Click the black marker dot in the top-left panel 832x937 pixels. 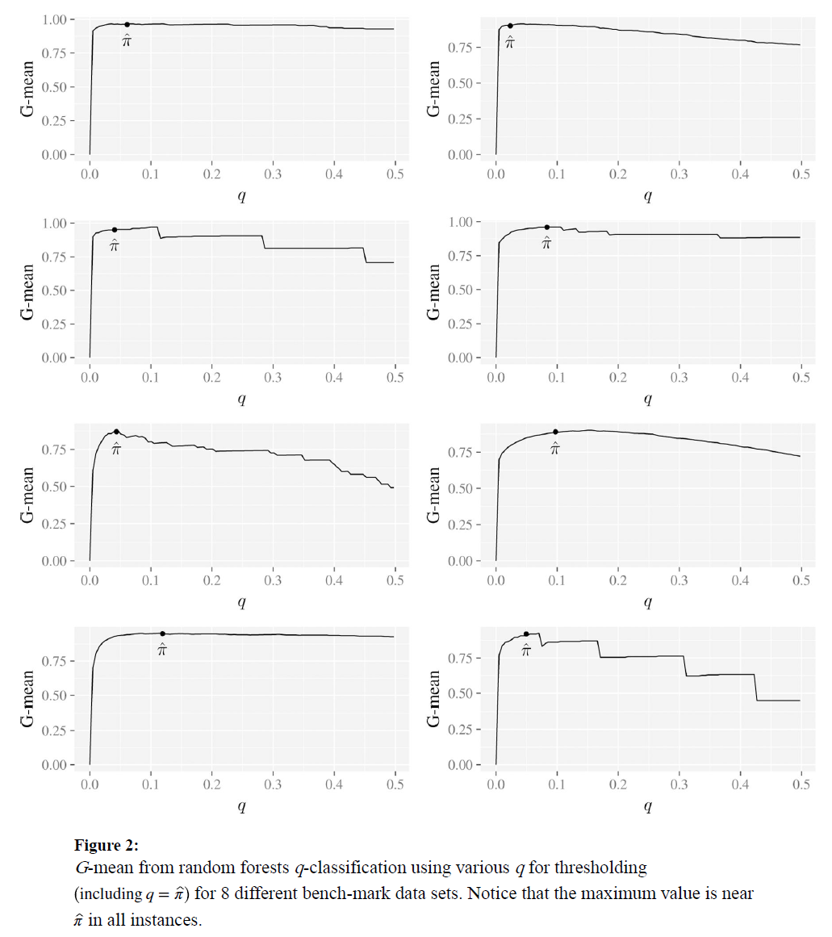click(127, 24)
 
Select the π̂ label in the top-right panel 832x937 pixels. click(509, 41)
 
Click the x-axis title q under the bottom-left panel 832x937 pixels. click(241, 806)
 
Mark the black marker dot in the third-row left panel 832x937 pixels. click(116, 432)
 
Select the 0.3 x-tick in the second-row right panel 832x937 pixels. click(679, 376)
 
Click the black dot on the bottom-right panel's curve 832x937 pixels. click(526, 634)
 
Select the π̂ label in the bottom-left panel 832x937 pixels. click(162, 650)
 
